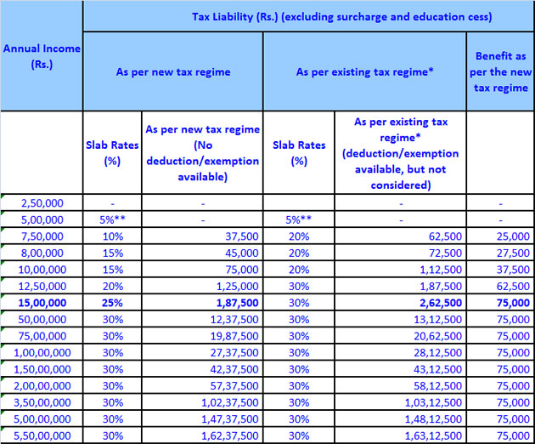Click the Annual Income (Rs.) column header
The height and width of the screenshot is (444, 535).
(42, 56)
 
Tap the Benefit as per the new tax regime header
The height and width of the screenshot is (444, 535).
(499, 72)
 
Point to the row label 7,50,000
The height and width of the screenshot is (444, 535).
(42, 237)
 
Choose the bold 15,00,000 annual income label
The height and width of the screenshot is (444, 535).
(42, 302)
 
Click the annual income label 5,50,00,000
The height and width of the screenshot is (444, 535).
(42, 435)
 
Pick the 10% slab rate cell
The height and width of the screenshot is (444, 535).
(112, 237)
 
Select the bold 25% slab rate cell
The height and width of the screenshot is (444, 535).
(112, 302)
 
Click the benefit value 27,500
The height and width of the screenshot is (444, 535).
(513, 253)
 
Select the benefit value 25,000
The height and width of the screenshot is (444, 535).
(513, 237)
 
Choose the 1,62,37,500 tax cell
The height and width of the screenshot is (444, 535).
(230, 435)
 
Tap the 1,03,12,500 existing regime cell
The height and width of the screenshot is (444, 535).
(431, 401)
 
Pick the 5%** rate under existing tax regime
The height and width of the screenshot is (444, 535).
(299, 220)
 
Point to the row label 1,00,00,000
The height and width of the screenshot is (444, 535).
(42, 352)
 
